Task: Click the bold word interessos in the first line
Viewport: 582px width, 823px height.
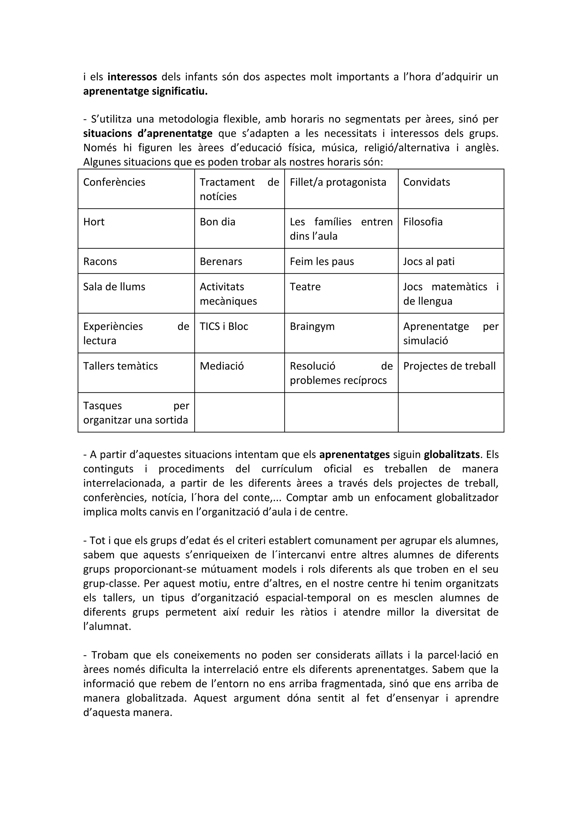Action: [x=132, y=77]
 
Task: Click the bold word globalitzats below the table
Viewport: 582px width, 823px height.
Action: [x=452, y=454]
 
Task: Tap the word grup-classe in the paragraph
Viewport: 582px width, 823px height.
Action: [x=111, y=583]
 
